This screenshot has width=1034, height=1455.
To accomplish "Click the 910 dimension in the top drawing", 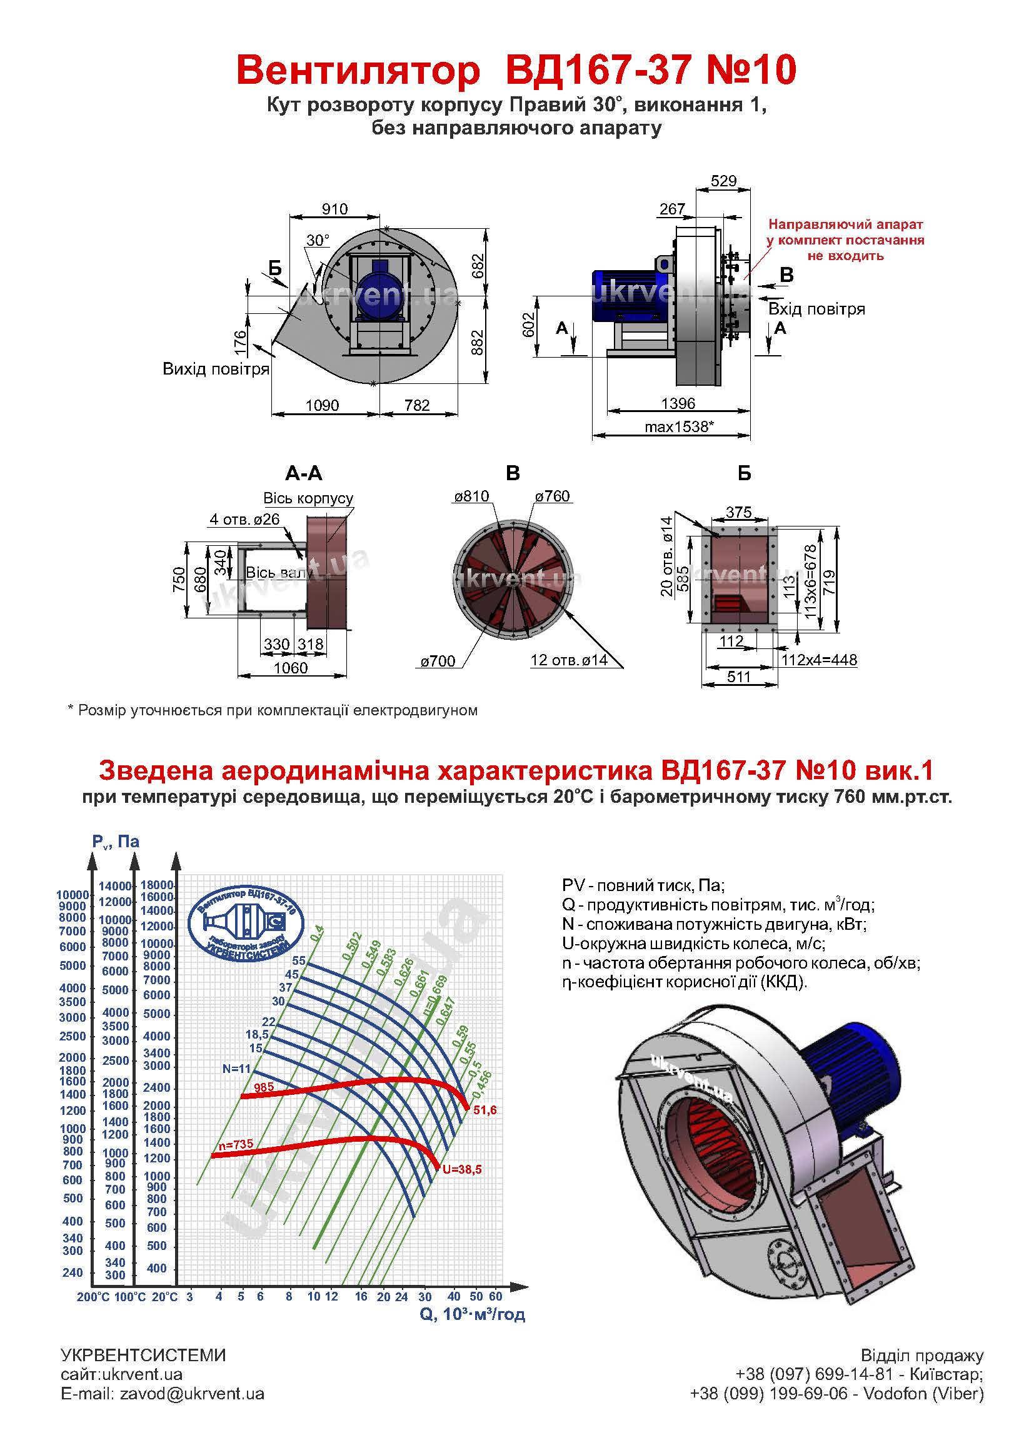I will click(x=335, y=209).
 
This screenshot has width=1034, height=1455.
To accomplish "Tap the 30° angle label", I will click(x=318, y=240).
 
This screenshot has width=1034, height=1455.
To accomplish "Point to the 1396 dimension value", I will click(x=678, y=403).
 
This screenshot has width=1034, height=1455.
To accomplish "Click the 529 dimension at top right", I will click(x=724, y=180).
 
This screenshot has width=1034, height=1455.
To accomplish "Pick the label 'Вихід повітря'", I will click(x=216, y=370).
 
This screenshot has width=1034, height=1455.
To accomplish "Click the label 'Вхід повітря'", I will click(x=816, y=310).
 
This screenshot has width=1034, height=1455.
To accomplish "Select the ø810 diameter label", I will click(x=471, y=496).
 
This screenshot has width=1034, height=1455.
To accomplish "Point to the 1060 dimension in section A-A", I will click(x=290, y=667).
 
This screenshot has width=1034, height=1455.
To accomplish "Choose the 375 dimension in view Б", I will click(x=738, y=512).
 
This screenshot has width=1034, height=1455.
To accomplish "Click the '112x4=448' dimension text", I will click(x=820, y=660).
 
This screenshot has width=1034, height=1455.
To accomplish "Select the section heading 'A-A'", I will click(x=304, y=473).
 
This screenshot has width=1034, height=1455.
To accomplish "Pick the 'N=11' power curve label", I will click(x=236, y=1069).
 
